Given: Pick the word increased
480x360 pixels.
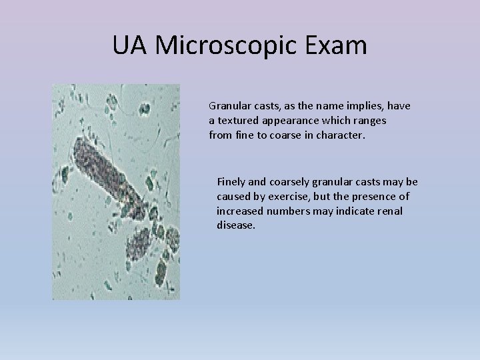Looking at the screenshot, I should tap(240, 211).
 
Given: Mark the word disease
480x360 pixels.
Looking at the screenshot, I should tap(235, 225).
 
